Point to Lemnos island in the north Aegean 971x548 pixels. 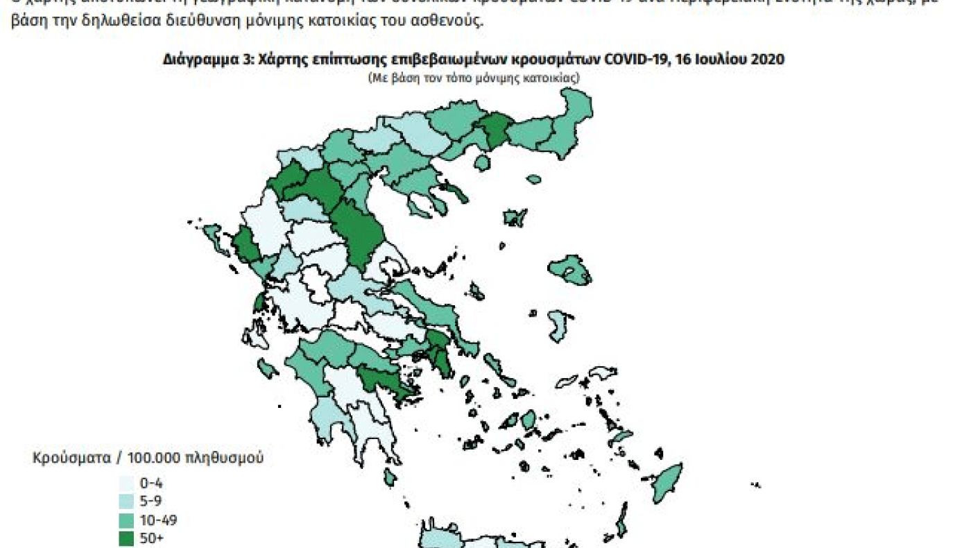point(515,218)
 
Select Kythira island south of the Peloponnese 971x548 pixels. point(390,477)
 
